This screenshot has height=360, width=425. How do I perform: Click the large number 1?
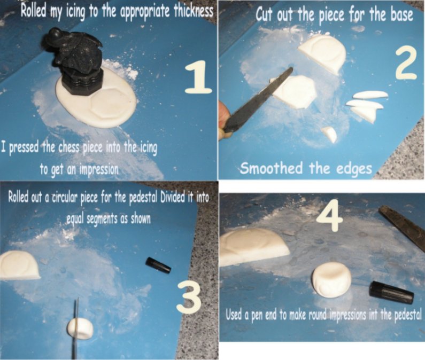(199, 77)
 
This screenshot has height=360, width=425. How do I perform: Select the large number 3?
(189, 297)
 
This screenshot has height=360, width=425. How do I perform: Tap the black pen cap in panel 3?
(159, 265)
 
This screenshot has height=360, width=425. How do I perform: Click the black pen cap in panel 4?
(391, 292)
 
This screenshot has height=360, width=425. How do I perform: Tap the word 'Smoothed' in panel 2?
(272, 168)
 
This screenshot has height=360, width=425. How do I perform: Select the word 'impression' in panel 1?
(99, 169)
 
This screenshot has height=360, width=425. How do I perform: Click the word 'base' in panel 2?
(401, 15)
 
